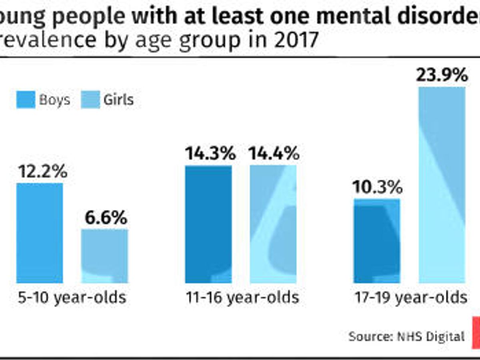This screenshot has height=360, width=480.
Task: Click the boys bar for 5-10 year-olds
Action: point(40,233)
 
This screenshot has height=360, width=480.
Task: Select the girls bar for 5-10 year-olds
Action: point(104,256)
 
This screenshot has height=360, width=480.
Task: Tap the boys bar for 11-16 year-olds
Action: point(208,224)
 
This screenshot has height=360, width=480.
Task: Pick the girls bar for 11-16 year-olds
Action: point(273,224)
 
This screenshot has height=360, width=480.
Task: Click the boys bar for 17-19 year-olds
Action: point(377,241)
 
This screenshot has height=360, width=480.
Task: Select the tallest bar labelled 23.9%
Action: point(442,185)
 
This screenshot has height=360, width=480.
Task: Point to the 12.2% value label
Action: point(42,172)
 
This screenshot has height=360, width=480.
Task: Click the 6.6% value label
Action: point(106,218)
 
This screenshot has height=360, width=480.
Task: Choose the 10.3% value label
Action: point(377,187)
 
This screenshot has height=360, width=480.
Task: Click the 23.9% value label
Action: point(442,75)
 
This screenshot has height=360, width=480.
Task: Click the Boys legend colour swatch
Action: point(26,100)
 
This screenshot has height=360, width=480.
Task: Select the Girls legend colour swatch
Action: point(90,100)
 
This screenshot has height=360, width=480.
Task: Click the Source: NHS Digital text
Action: point(406,336)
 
